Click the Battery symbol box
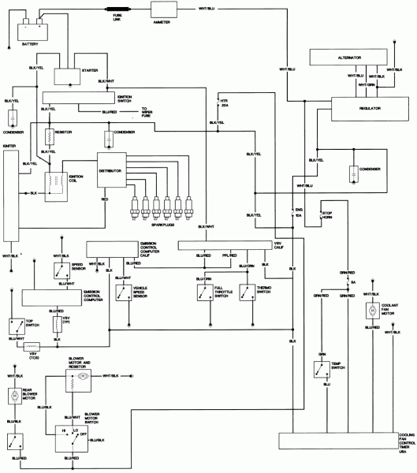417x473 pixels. pyautogui.click(x=30, y=32)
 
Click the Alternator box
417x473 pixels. pyautogui.click(x=349, y=58)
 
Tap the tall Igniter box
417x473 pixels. pyautogui.click(x=11, y=197)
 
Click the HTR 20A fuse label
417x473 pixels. pyautogui.click(x=226, y=110)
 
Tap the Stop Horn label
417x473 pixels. pyautogui.click(x=329, y=215)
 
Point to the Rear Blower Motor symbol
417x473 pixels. pyautogui.click(x=13, y=395)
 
